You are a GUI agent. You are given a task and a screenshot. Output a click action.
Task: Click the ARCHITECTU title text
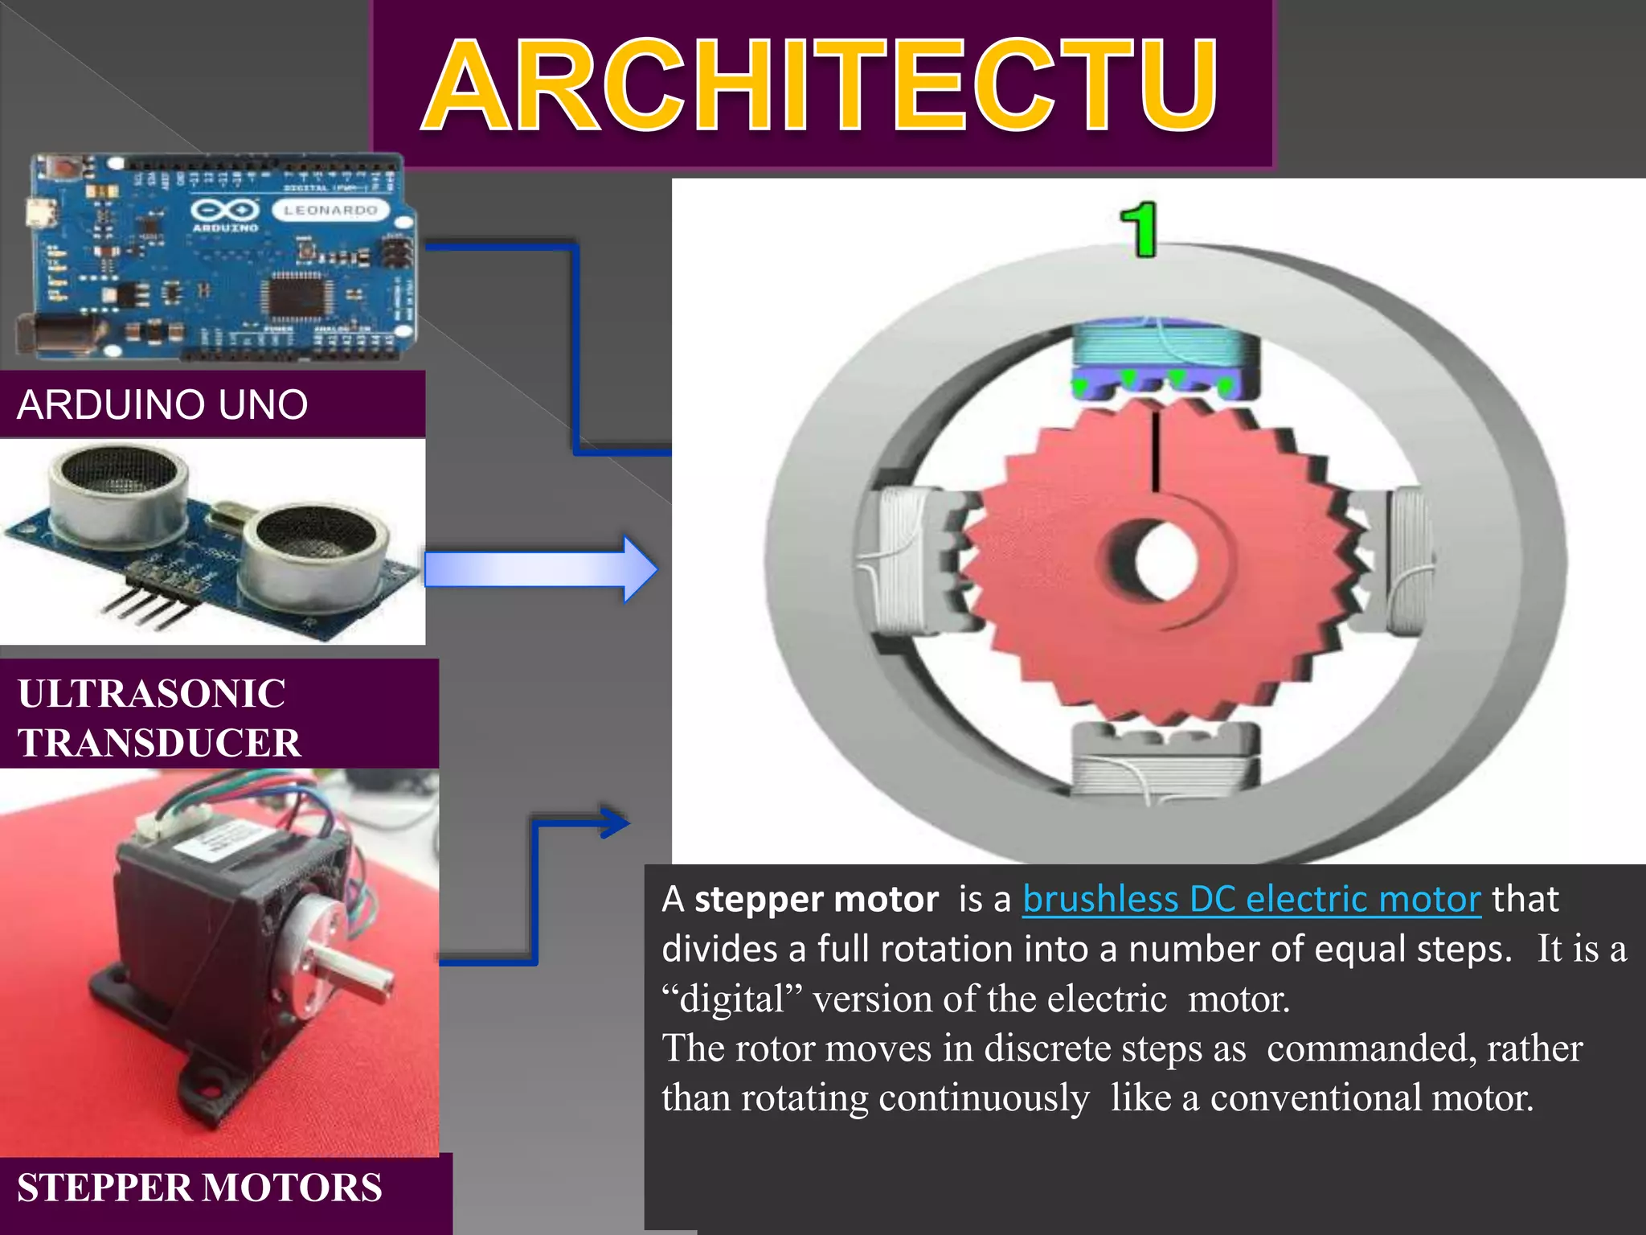[820, 85]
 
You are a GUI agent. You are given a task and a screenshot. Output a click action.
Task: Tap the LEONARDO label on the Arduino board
[330, 210]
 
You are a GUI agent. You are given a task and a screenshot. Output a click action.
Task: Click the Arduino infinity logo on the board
[224, 211]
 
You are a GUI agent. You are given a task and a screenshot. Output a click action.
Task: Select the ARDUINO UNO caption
[162, 404]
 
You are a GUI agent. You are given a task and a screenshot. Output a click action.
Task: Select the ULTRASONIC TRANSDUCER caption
[159, 717]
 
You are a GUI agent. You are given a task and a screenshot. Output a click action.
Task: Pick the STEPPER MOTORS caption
[199, 1188]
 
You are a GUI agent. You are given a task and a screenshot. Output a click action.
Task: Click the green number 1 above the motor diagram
[1140, 230]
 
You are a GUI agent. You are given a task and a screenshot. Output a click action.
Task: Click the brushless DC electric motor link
[1251, 899]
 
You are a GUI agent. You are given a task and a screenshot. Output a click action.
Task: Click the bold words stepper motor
[816, 899]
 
